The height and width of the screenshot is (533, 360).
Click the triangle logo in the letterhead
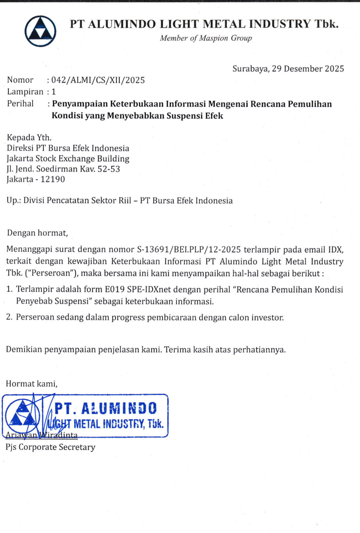click(x=40, y=31)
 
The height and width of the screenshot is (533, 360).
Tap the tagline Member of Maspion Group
click(x=206, y=38)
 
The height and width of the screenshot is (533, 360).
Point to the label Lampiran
click(x=25, y=92)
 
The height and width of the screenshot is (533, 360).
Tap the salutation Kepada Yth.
click(x=29, y=138)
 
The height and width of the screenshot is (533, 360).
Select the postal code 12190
click(x=53, y=179)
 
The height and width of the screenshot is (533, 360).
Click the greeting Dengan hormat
click(x=37, y=233)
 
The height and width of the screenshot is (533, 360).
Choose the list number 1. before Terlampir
click(x=9, y=289)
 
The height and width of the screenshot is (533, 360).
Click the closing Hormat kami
click(x=31, y=384)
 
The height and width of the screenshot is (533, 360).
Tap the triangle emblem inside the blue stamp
click(x=22, y=416)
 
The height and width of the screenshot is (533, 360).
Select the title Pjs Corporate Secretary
click(x=50, y=447)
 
